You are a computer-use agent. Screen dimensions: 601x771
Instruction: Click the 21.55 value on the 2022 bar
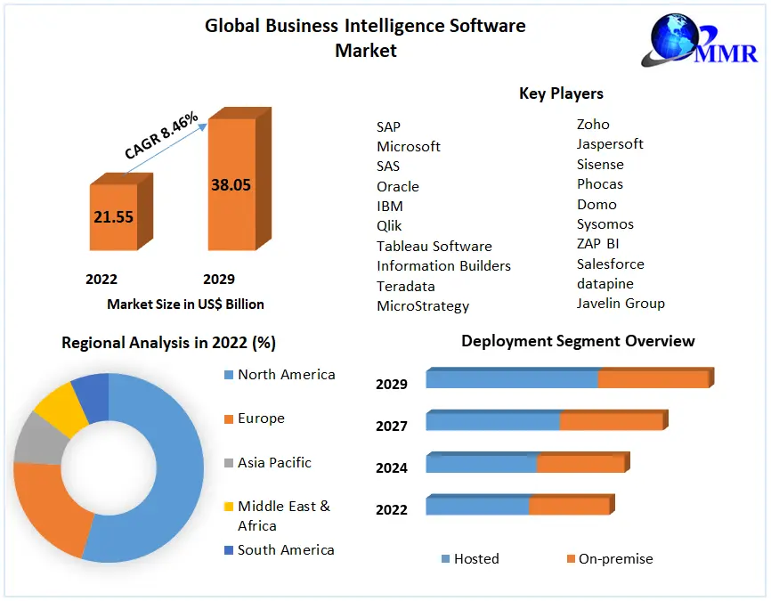(x=113, y=216)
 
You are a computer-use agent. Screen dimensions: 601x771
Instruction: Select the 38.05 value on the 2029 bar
(x=231, y=185)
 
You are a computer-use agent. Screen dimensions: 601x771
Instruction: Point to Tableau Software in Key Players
(x=434, y=246)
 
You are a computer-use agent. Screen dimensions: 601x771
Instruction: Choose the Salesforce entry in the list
(x=610, y=264)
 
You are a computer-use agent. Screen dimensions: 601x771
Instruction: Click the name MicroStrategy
(x=423, y=305)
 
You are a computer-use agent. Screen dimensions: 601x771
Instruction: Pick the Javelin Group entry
(x=621, y=303)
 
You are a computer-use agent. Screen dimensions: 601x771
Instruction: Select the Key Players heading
(x=561, y=93)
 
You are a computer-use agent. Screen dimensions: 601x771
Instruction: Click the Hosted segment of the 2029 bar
(x=512, y=378)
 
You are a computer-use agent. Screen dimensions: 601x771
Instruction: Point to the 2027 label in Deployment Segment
(x=392, y=426)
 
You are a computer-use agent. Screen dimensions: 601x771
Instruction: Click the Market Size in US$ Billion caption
(x=185, y=304)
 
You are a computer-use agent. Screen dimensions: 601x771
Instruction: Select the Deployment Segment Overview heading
(x=578, y=341)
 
